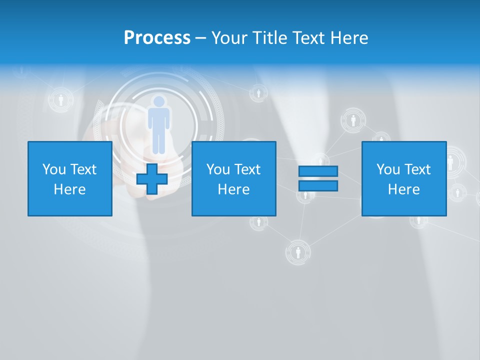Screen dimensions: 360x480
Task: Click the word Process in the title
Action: pos(157,38)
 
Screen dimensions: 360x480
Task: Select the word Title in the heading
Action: pos(270,38)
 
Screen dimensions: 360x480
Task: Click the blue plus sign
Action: pos(152,178)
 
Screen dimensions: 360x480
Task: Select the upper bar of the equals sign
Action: pos(318,171)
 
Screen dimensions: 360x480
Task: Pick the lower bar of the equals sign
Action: pos(318,185)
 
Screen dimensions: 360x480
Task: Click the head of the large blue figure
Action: pos(159,102)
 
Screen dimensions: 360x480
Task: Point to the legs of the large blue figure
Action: pos(158,140)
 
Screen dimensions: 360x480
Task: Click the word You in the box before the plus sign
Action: pos(53,169)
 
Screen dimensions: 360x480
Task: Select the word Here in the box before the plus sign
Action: pos(69,189)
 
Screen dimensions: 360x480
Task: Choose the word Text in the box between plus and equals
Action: pos(247,169)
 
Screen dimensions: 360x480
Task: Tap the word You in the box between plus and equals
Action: pos(217,169)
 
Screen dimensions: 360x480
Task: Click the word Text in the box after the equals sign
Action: pos(417,169)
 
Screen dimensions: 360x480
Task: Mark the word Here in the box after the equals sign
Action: pos(403,189)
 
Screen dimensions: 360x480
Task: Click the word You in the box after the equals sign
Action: pos(387,169)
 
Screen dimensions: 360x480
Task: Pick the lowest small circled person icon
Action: pos(298,252)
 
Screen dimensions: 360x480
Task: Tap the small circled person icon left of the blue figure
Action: pos(61,100)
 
